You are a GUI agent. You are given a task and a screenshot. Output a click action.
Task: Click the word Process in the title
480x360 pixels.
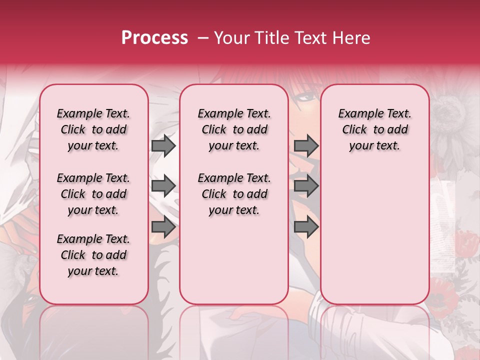pos(154,38)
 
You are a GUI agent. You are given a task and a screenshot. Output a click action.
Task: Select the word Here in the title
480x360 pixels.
pos(351,38)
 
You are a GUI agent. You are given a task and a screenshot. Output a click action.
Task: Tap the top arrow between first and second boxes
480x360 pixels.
pos(163,146)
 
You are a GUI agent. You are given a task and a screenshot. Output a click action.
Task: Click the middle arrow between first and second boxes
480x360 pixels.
pos(163,186)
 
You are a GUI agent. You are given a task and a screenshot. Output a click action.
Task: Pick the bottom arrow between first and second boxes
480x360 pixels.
pos(163,227)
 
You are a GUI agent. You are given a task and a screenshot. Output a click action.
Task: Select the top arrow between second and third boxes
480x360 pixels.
pos(306,146)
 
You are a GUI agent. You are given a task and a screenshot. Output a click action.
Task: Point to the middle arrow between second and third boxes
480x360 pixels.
pos(306,186)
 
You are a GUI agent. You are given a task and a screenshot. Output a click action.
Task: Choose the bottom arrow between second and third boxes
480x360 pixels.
pos(306,227)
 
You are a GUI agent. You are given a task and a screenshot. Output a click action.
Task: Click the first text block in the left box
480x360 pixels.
pos(93,129)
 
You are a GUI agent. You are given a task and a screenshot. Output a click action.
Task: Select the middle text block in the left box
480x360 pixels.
pos(93,194)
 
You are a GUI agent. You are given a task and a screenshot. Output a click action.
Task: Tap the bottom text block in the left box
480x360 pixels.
pos(93,255)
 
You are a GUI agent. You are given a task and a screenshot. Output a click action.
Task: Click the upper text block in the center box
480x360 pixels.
pos(234,129)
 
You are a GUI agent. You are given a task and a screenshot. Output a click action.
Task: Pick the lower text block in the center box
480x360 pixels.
pos(234,194)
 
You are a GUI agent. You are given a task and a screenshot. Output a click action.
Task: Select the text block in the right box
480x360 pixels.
pos(374,129)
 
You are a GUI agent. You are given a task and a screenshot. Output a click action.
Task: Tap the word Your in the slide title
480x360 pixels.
pos(231,38)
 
